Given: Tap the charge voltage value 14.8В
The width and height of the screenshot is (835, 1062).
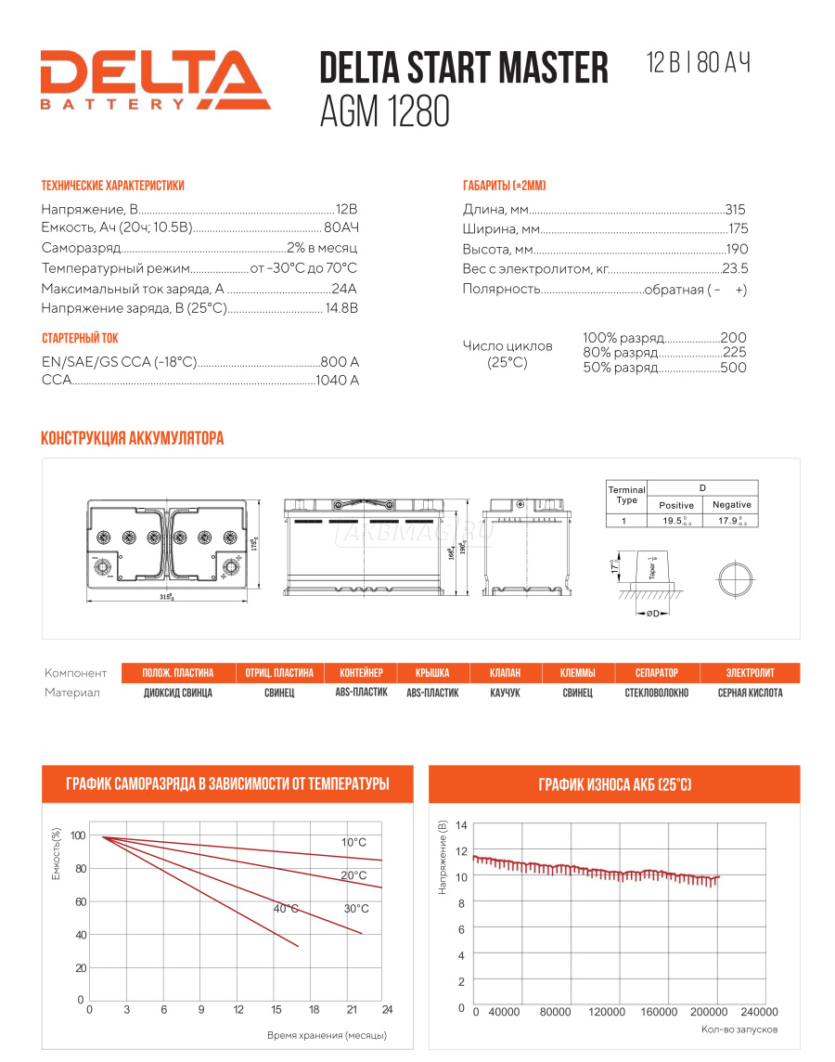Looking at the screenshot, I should click(340, 308).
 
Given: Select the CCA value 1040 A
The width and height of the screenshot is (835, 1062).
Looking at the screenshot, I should click(337, 380).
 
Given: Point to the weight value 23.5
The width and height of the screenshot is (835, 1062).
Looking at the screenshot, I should click(735, 269).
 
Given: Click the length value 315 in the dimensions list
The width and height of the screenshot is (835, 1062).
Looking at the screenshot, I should click(735, 210).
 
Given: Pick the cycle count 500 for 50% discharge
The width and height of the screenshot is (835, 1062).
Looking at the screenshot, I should click(733, 368).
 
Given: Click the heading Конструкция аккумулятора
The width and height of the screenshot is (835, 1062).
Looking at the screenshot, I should click(133, 438).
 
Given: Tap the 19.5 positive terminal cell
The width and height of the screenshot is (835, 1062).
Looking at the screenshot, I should click(676, 522).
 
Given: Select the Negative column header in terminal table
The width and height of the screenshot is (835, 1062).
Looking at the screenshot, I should click(731, 504).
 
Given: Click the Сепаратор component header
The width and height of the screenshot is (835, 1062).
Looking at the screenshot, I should click(656, 673).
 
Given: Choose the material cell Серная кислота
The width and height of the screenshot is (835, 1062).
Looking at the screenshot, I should click(750, 693).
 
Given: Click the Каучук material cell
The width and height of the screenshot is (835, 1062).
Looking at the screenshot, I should click(505, 693).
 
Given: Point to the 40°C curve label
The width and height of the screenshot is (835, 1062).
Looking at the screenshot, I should click(286, 908).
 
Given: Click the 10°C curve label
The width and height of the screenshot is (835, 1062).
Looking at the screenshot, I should click(353, 842).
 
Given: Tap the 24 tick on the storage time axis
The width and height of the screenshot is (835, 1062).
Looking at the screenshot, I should click(387, 1009).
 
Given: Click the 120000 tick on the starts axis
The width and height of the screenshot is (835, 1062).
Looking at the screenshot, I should click(608, 1012).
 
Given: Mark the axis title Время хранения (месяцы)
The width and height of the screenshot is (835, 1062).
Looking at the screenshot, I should click(327, 1034).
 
